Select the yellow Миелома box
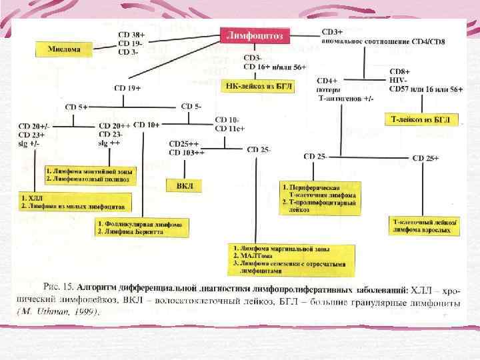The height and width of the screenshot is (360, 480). (x=64, y=49)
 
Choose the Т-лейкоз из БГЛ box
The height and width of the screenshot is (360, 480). (x=423, y=119)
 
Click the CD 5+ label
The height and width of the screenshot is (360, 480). (x=77, y=106)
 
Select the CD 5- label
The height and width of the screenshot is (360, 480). (x=191, y=106)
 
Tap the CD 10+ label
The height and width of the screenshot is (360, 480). (x=147, y=125)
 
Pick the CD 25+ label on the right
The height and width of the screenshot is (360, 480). (x=426, y=157)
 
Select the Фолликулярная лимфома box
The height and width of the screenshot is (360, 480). (x=141, y=227)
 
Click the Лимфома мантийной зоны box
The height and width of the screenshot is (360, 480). (x=89, y=175)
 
